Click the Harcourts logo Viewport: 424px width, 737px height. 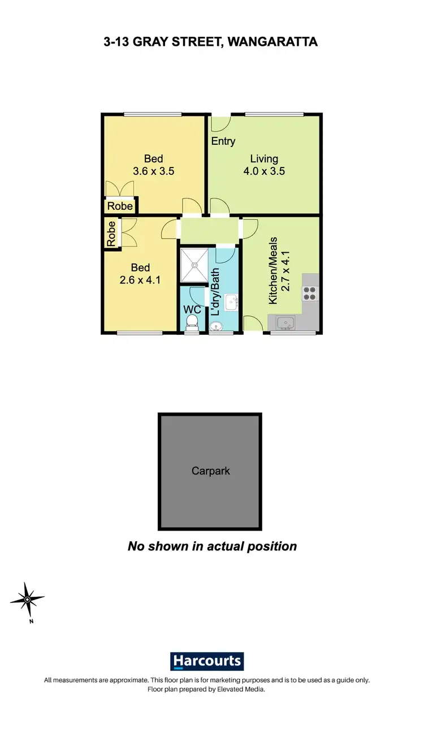click(x=206, y=661)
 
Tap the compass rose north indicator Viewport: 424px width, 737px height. click(x=27, y=599)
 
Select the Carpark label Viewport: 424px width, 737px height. click(x=210, y=471)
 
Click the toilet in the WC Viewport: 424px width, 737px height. click(x=192, y=322)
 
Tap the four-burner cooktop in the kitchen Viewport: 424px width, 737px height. click(x=310, y=293)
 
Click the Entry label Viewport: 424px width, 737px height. click(x=223, y=141)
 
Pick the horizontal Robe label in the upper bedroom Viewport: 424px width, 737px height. click(x=120, y=206)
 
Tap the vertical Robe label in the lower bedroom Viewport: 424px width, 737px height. click(x=111, y=233)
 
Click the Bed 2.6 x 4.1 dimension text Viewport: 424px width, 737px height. click(x=140, y=279)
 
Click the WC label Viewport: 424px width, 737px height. click(x=193, y=310)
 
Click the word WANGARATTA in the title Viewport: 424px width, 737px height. click(x=272, y=41)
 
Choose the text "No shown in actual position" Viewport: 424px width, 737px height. click(x=212, y=546)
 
